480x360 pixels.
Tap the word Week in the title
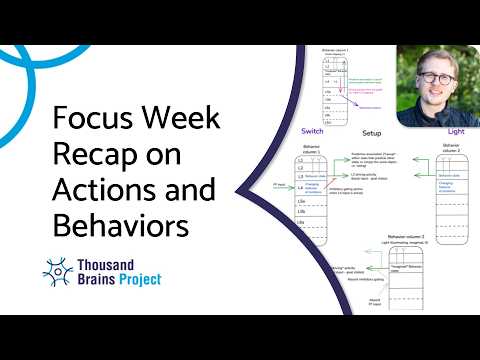(184, 122)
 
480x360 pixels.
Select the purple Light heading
(454, 131)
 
